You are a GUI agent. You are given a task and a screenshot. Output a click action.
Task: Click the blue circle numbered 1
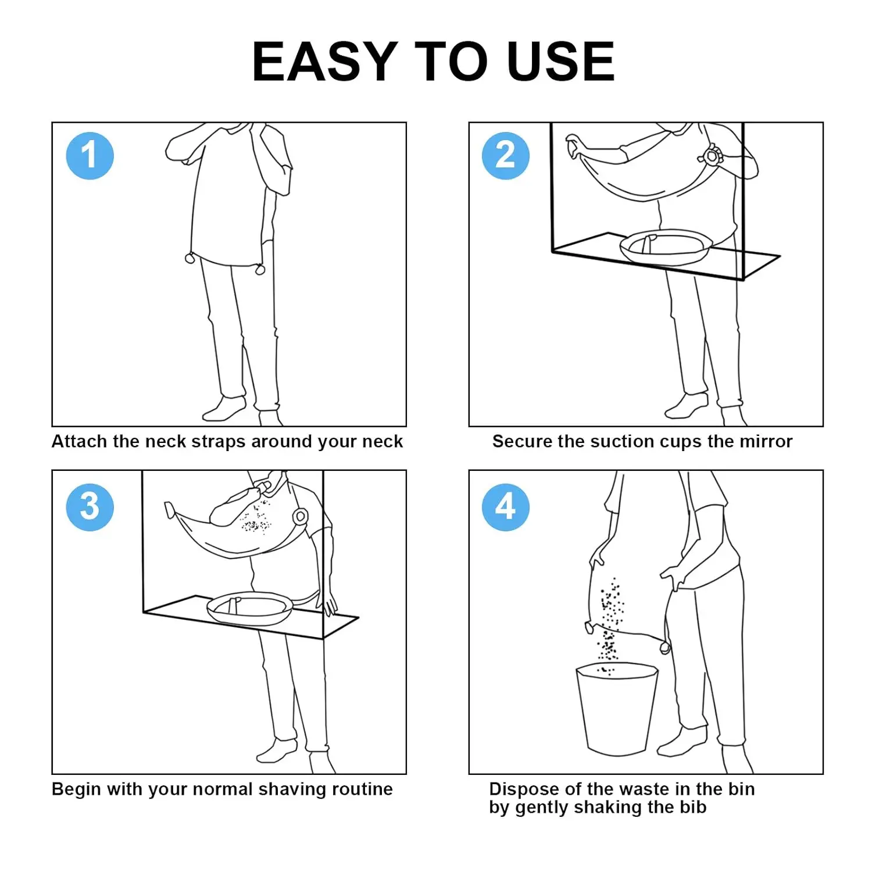pos(90,156)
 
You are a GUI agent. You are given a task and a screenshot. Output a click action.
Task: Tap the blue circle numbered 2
pos(505,156)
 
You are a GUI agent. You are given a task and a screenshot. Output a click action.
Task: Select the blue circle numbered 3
pos(90,507)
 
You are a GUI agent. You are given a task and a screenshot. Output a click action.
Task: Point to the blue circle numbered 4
pos(505,507)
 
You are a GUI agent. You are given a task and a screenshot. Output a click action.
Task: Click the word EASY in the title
pos(324,62)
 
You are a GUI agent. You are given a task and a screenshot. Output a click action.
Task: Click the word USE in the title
pos(560,62)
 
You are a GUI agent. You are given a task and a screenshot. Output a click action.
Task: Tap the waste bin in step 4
pos(616,709)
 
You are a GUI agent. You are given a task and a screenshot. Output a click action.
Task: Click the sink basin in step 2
pos(666,246)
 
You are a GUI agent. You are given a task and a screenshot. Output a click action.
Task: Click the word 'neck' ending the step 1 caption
pos(382,442)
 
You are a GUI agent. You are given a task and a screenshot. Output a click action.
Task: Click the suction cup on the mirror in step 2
pos(712,156)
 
